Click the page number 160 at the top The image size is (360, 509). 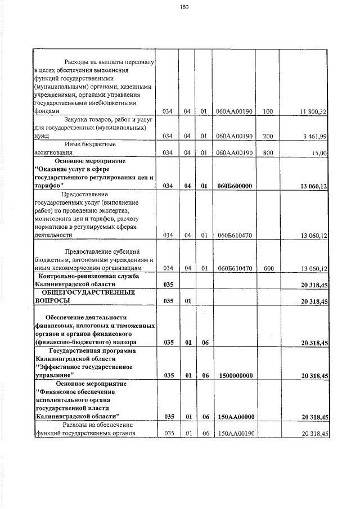tap(183, 7)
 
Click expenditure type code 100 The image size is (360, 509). tap(267, 112)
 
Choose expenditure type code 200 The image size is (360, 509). tap(267, 136)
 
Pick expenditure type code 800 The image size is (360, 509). tap(267, 152)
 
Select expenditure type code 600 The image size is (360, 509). tap(267, 269)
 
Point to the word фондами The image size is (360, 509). tap(46, 111)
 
